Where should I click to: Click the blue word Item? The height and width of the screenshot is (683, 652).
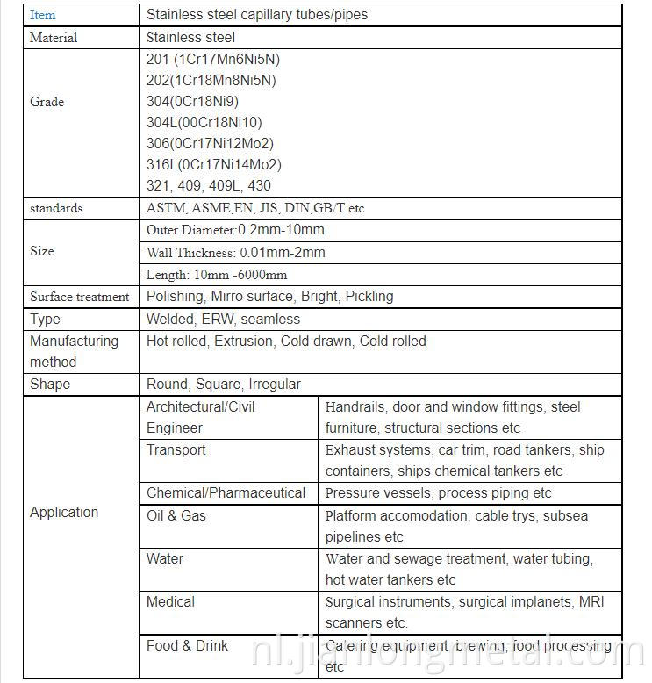coord(42,15)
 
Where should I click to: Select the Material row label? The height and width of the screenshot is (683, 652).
coord(54,38)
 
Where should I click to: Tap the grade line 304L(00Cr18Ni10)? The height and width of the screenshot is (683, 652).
coord(204,123)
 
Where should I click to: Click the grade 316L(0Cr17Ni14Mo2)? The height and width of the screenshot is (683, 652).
coord(213,165)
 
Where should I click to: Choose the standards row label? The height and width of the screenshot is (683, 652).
coord(56,208)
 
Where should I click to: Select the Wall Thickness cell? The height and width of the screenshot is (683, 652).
coord(235,253)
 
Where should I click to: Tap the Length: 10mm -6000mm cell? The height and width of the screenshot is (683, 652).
coord(216,275)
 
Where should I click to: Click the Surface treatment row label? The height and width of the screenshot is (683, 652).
coord(79,297)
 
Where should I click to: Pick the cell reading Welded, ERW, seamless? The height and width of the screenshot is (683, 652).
coord(223,320)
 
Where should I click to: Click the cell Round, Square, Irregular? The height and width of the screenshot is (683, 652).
coord(223,385)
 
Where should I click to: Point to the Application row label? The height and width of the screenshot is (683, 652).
coord(64,513)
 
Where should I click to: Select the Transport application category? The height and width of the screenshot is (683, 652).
coord(176,450)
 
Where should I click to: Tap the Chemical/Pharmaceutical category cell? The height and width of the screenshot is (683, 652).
coord(226,493)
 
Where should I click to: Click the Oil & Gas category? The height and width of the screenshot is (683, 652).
coord(176,515)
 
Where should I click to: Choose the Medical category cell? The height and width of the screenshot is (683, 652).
coord(170,602)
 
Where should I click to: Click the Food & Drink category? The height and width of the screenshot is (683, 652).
coord(187,646)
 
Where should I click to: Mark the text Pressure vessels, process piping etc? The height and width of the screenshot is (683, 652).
coord(438,493)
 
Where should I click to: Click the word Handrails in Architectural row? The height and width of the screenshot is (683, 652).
coord(355,407)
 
